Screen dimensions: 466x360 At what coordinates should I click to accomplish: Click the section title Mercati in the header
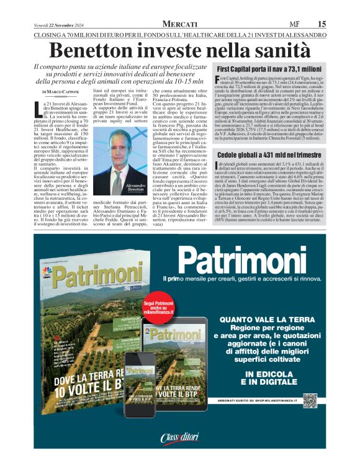[x=180, y=24]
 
